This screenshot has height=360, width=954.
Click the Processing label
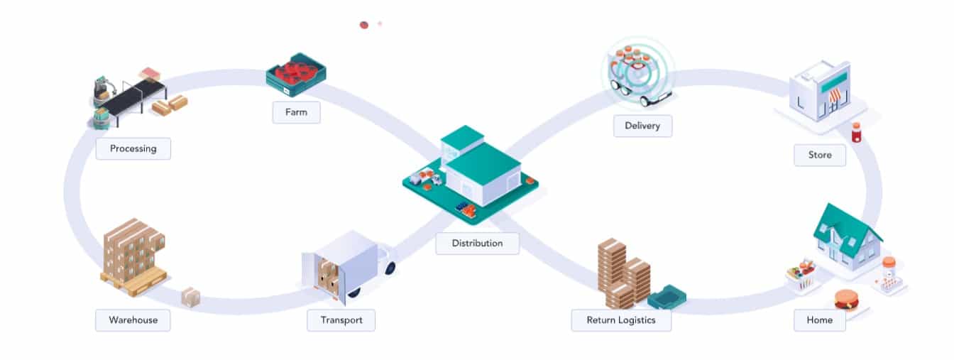[x=133, y=148]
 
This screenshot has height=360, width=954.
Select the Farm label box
[x=296, y=112]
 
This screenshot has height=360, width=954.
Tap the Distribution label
[x=477, y=243]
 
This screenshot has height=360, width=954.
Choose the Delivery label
[x=642, y=126]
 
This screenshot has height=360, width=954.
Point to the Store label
[x=819, y=155]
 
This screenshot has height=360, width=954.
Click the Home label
[x=819, y=320]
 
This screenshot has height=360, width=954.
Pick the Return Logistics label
[x=620, y=320]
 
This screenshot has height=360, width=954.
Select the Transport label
[x=341, y=320]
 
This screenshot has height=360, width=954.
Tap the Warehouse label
[x=133, y=320]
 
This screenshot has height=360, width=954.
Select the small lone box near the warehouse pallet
[x=190, y=297]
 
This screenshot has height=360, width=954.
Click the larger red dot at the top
[x=364, y=25]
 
